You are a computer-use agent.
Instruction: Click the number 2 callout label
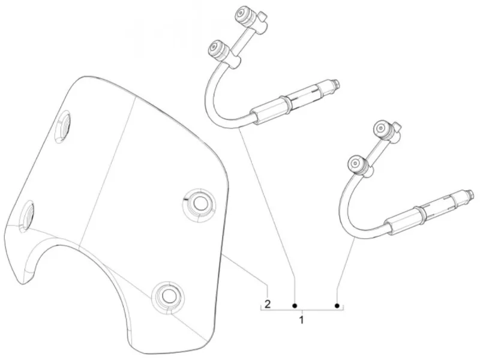coord(268,304)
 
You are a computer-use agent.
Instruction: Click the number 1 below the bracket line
coord(302,320)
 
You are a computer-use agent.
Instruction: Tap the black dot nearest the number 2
coord(295,305)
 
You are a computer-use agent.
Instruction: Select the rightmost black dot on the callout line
coord(337,305)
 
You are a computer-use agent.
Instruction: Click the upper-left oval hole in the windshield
coord(62,127)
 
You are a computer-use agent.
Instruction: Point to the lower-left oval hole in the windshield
coord(26,216)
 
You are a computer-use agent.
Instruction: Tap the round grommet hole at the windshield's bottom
coord(167,295)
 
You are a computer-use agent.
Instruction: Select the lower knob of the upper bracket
coord(218,49)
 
